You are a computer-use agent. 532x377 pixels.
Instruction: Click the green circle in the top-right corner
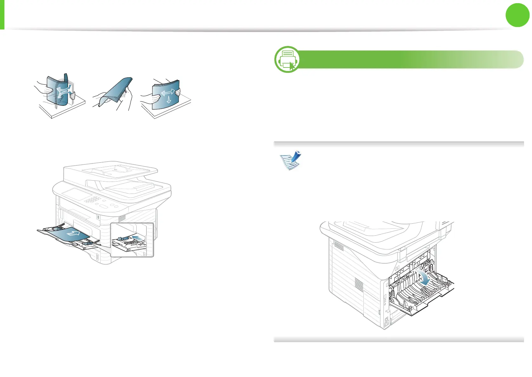coord(518,15)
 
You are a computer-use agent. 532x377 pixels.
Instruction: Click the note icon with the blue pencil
coord(290,160)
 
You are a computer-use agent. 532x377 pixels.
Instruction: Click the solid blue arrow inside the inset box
coord(138,237)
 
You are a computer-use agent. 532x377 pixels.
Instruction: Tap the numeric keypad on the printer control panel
coord(93,199)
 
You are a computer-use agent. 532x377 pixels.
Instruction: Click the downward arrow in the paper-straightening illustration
coord(169,99)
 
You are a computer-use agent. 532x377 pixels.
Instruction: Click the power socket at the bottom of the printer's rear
coord(386,324)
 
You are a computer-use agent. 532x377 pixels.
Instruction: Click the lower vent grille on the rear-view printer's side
coord(359,284)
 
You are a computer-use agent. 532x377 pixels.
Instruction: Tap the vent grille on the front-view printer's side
coord(122,218)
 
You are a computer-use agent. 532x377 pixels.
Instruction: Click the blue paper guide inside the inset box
coord(123,238)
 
